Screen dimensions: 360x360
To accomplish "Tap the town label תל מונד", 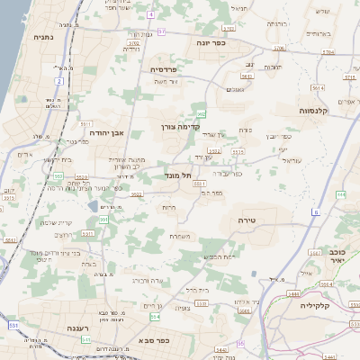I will point(179,175).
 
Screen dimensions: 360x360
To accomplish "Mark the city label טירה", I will point(249,220).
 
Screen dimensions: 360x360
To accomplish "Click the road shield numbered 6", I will point(316,211).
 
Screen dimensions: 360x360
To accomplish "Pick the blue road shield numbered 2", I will point(59,82).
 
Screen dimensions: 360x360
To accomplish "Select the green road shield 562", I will point(202,113).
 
